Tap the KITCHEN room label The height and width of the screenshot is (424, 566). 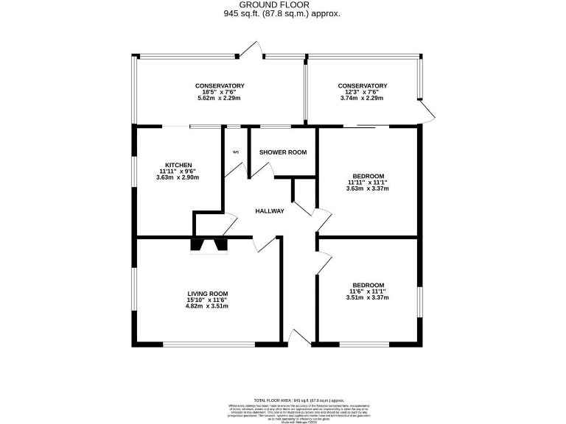tap(178, 165)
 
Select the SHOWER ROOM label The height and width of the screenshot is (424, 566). tap(282, 152)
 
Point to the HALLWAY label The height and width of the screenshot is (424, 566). tap(270, 211)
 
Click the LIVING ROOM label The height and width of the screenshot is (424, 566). tap(207, 293)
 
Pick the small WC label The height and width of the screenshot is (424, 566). tap(236, 152)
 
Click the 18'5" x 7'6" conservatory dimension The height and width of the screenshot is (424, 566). tap(220, 92)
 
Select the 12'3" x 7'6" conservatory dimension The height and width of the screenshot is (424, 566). tap(362, 92)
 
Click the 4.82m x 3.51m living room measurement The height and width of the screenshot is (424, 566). tap(207, 306)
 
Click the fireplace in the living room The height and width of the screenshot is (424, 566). tap(209, 245)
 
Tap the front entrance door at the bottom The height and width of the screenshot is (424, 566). tap(299, 337)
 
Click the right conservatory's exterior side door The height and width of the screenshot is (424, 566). tap(427, 111)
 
